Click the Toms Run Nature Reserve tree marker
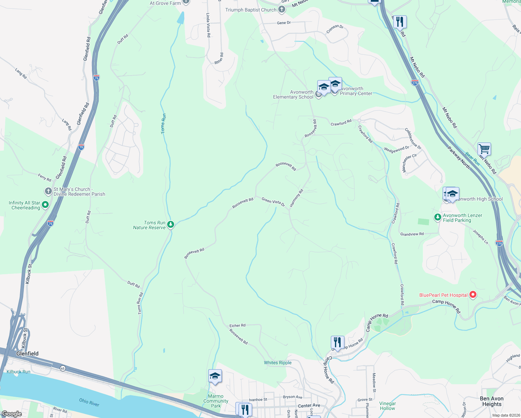pyautogui.click(x=171, y=224)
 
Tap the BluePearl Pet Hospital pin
pyautogui.click(x=473, y=295)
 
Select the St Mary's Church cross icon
pyautogui.click(x=48, y=191)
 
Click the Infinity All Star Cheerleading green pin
pyautogui.click(x=45, y=205)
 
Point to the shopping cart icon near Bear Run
pyautogui.click(x=484, y=149)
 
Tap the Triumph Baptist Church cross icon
pyautogui.click(x=282, y=10)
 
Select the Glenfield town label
pyautogui.click(x=28, y=354)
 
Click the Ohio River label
pyautogui.click(x=89, y=402)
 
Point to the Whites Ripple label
pyautogui.click(x=278, y=363)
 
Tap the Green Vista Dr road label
pyautogui.click(x=273, y=202)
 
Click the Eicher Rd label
pyautogui.click(x=238, y=325)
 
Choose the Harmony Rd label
pyautogui.click(x=297, y=198)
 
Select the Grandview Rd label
pyautogui.click(x=412, y=234)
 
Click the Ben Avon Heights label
pyautogui.click(x=492, y=401)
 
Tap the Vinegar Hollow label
pyautogui.click(x=388, y=406)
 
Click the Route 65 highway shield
pyautogui.click(x=63, y=368)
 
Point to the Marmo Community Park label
pyautogui.click(x=216, y=401)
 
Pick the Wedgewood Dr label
pyautogui.click(x=396, y=149)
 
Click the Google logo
pyautogui.click(x=12, y=414)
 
